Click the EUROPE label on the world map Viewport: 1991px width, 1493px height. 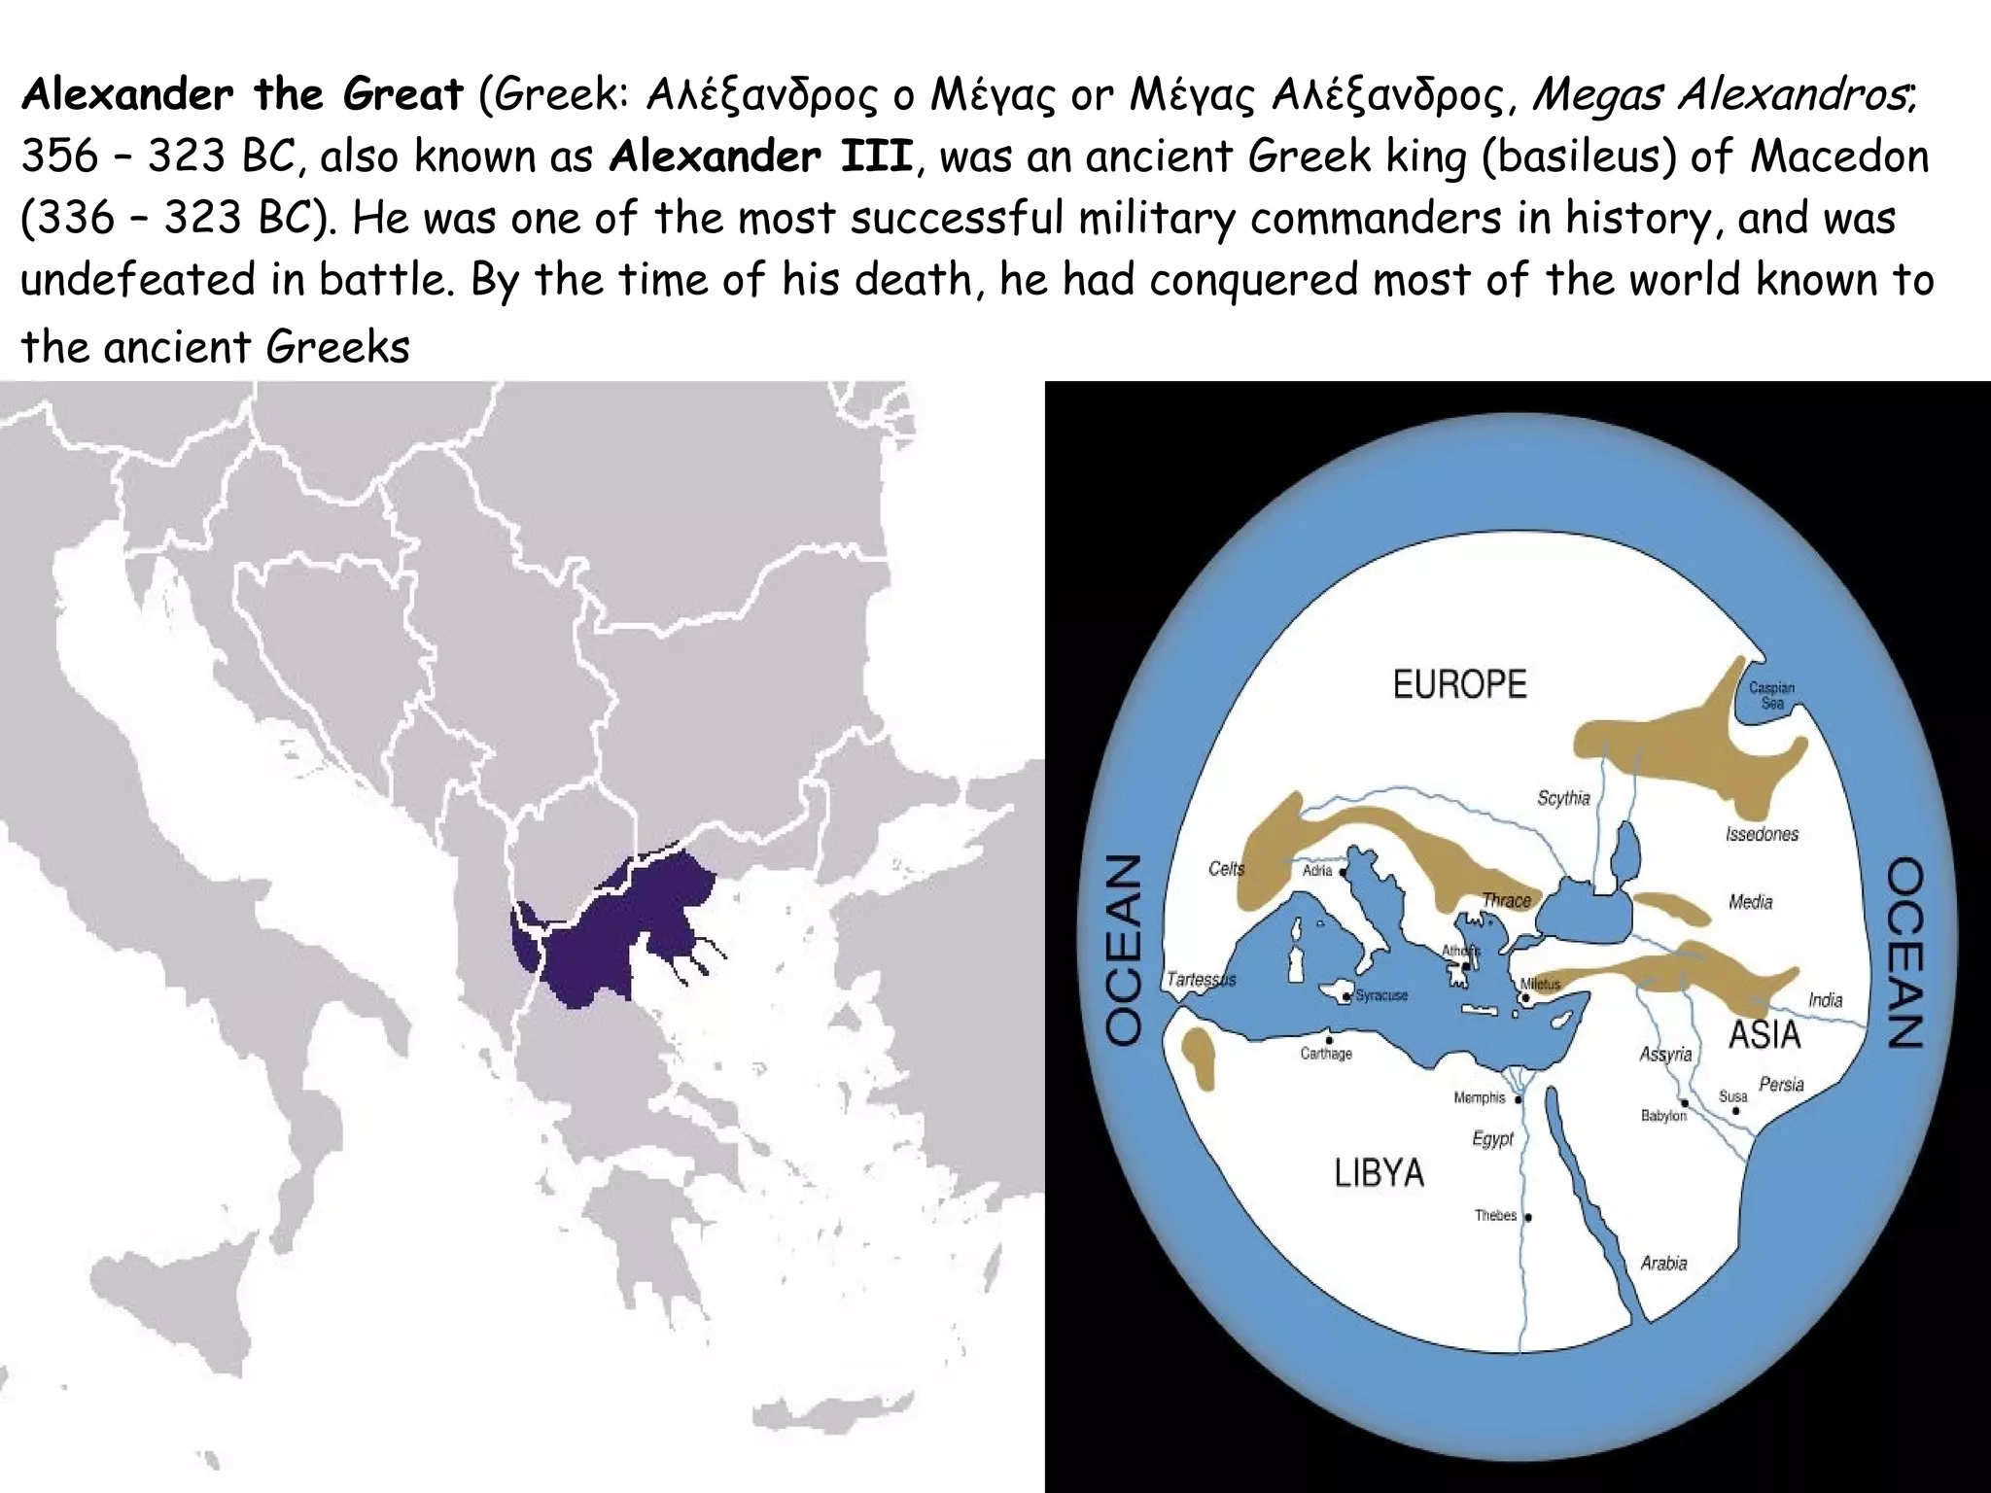coord(1459,684)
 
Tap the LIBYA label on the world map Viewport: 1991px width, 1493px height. coord(1379,1173)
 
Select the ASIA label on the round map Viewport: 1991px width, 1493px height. coord(1764,1035)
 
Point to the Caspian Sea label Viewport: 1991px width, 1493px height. coord(1771,695)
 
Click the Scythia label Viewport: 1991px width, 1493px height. coord(1563,798)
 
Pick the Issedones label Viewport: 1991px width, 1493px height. coord(1762,834)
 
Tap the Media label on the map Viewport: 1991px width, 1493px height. coord(1750,902)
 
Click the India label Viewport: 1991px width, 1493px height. coord(1825,1000)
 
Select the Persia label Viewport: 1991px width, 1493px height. coord(1781,1084)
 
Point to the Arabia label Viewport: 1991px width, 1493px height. coord(1663,1264)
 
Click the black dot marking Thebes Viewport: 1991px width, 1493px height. coord(1528,1217)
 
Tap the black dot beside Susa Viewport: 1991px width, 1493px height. coord(1736,1110)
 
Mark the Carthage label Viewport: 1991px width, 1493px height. coord(1326,1054)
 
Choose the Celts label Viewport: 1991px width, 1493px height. coord(1226,868)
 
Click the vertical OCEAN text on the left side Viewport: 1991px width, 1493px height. coord(1124,950)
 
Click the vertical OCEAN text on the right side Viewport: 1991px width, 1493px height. coord(1905,952)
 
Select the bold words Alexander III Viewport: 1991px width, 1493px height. coord(761,156)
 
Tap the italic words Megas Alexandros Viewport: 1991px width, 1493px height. coord(1722,94)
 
